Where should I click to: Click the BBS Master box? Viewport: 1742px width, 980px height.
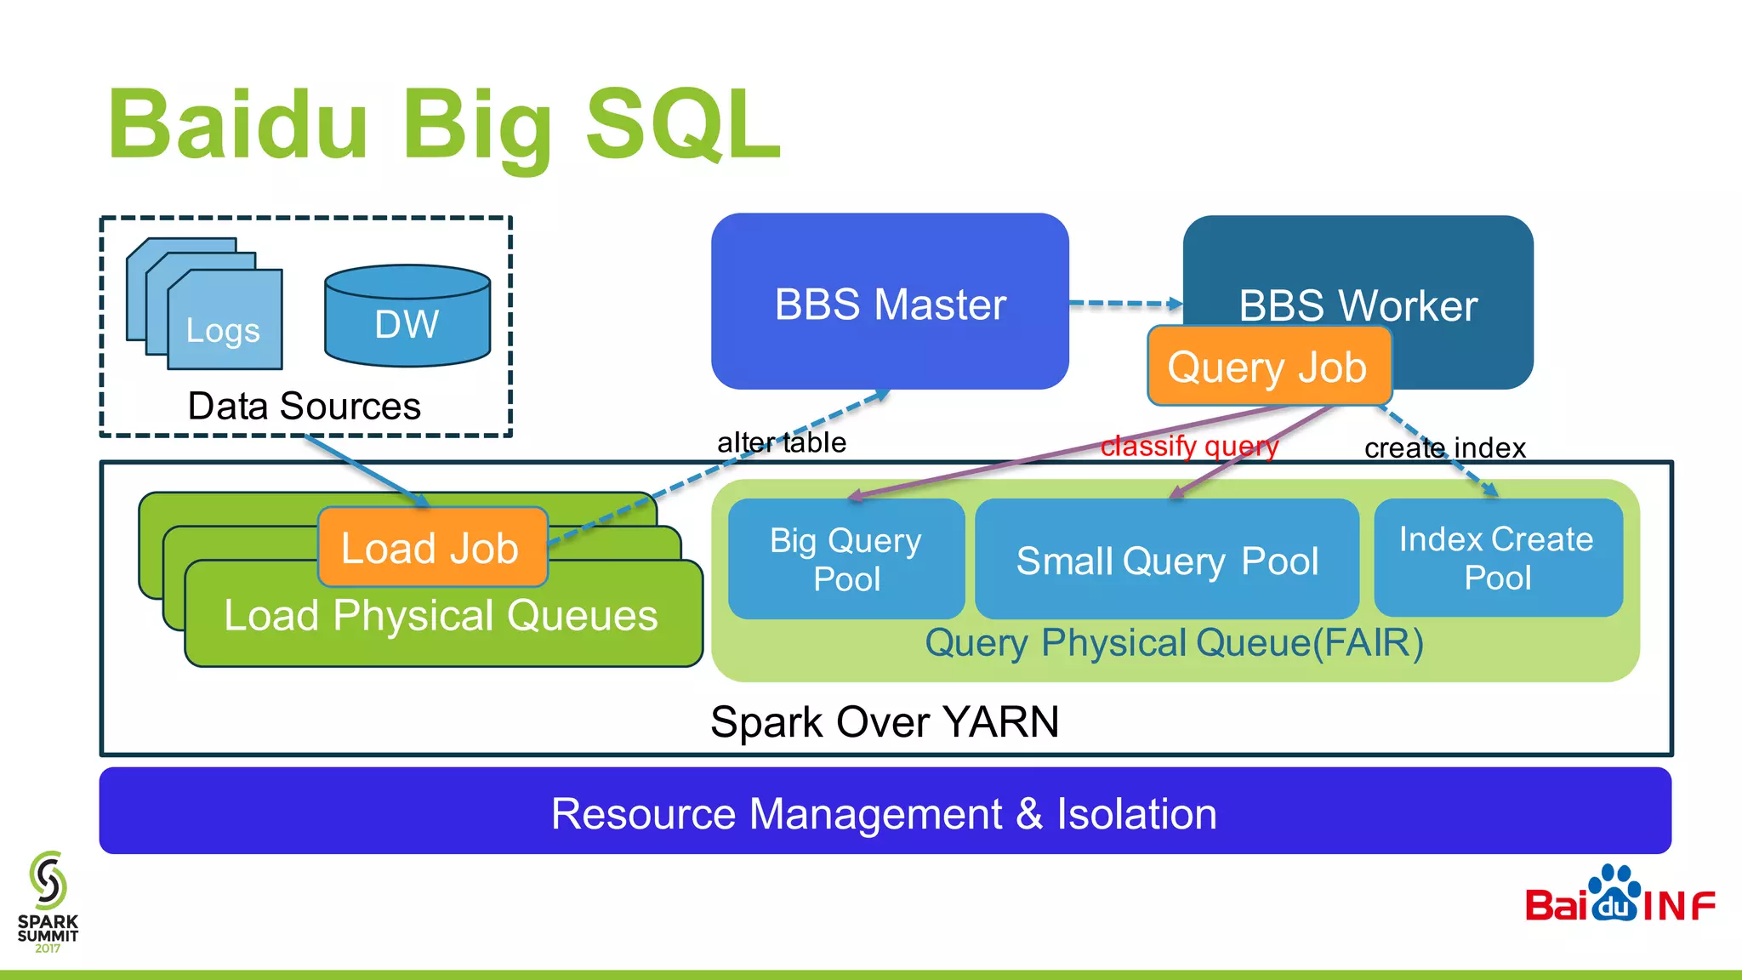(890, 302)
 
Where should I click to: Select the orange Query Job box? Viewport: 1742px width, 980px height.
(1268, 367)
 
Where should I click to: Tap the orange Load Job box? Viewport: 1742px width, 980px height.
(432, 547)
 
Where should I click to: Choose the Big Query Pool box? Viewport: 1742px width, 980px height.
(846, 559)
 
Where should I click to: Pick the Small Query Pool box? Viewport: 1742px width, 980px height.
(1167, 560)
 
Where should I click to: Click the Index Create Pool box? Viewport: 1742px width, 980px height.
(1497, 558)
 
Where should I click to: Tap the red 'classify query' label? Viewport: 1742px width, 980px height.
(1189, 446)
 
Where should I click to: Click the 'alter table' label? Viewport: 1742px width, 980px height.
(781, 442)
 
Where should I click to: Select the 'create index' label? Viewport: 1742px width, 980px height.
(1444, 447)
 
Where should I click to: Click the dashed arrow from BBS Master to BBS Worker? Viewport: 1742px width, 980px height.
(1124, 303)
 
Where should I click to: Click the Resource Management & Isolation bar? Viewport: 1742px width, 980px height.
(885, 812)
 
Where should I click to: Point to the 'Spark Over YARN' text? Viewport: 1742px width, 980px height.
(885, 721)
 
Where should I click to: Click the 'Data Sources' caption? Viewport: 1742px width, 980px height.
(304, 406)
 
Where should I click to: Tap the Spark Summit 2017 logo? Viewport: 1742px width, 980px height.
(48, 902)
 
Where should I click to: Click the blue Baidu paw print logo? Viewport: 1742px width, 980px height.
(1614, 893)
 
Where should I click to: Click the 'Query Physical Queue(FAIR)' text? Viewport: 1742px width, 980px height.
(1174, 643)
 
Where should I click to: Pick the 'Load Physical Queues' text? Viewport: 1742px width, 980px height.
(441, 615)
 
